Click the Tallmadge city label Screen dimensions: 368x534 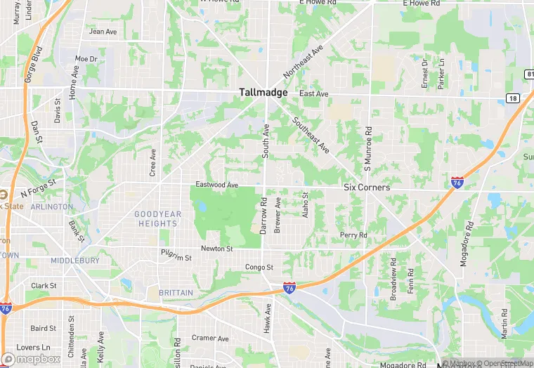(x=263, y=92)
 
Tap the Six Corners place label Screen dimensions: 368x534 (x=366, y=188)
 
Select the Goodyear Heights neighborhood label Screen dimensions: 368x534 (x=158, y=218)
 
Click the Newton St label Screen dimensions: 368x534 (x=216, y=249)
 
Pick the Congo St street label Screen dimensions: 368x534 (x=259, y=267)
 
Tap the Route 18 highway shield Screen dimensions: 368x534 (x=514, y=99)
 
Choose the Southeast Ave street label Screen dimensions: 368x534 (x=311, y=134)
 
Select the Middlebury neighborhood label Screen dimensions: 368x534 (x=74, y=260)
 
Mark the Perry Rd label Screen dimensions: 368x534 (x=353, y=235)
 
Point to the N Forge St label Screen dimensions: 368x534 (x=38, y=190)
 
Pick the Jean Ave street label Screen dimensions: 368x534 (x=103, y=32)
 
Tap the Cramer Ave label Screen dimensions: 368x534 (x=210, y=338)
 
